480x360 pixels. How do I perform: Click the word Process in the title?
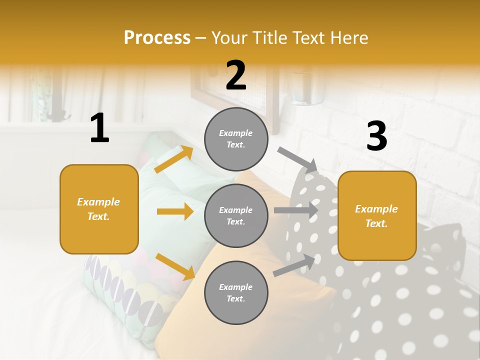[157, 38]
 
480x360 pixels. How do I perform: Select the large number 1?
[99, 128]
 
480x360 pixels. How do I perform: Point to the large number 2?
[236, 75]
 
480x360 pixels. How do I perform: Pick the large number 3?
[376, 136]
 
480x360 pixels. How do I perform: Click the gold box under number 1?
[99, 209]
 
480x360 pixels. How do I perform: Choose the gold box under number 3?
[377, 215]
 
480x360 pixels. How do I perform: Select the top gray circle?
[236, 139]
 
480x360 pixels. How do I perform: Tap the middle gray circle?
[236, 215]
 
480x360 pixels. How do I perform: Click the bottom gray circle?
[236, 292]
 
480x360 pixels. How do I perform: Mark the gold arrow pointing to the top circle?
[174, 159]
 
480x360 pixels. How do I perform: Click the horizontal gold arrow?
[175, 211]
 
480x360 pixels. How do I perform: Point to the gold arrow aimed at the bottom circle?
[175, 266]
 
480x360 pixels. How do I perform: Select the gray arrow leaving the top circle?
[297, 160]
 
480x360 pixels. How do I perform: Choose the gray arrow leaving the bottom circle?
[294, 265]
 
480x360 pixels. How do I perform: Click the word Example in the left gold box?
[98, 202]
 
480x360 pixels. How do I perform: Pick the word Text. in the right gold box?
[376, 223]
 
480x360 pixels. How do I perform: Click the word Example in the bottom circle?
[235, 287]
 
